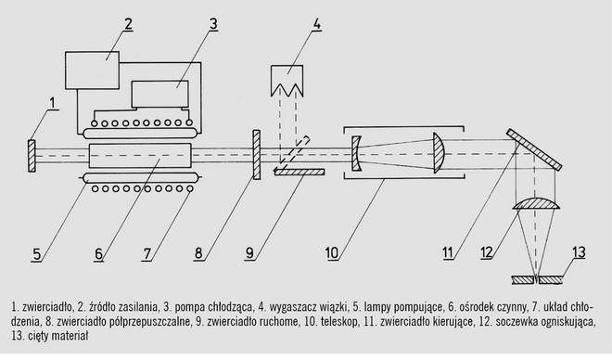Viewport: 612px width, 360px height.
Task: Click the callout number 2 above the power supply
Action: [x=128, y=24]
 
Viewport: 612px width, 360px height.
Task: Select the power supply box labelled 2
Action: [x=92, y=71]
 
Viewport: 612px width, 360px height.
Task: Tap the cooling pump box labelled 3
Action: [x=160, y=94]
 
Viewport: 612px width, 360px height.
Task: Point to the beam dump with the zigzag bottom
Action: [x=287, y=81]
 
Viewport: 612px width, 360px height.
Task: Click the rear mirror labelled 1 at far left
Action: [x=32, y=156]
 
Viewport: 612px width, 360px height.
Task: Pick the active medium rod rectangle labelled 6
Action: [x=140, y=156]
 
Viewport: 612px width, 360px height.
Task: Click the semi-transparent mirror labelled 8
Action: [x=257, y=155]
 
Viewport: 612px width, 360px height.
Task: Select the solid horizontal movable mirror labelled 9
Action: [x=299, y=172]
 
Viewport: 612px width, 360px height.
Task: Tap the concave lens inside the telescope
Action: [x=355, y=153]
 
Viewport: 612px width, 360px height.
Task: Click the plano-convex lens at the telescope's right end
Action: [x=440, y=153]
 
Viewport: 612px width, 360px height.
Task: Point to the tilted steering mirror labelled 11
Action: [x=534, y=149]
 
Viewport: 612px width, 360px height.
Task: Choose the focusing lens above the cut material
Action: [x=537, y=204]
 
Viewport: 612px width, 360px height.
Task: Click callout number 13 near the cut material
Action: [x=579, y=252]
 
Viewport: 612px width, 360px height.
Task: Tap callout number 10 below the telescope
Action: [x=332, y=253]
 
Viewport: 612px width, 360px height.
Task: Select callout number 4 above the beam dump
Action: [x=316, y=24]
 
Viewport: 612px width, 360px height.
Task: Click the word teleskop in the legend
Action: [x=339, y=322]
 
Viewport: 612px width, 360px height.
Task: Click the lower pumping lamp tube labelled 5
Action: [x=140, y=177]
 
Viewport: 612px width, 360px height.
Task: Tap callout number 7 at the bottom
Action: [x=147, y=254]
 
